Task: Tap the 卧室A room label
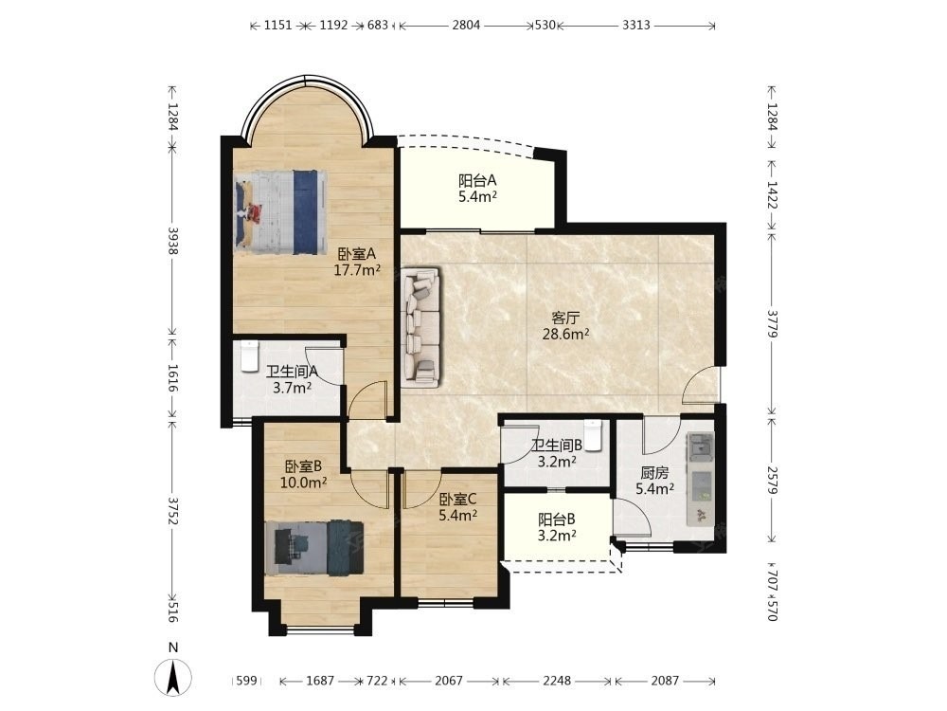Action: (x=357, y=253)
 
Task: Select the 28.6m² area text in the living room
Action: (x=565, y=334)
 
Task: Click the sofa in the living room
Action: (x=422, y=326)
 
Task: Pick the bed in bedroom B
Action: (x=314, y=548)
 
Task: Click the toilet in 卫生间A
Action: (x=249, y=356)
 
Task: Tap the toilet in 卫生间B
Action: (x=594, y=435)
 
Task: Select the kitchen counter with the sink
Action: (x=701, y=480)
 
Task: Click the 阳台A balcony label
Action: (x=477, y=180)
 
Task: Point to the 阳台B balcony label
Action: (x=556, y=520)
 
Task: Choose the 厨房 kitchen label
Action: (x=654, y=472)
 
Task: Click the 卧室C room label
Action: (x=457, y=500)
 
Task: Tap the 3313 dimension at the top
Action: (x=636, y=25)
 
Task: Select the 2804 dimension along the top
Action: (x=466, y=25)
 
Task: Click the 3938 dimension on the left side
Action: (x=173, y=241)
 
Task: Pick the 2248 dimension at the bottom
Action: (x=556, y=681)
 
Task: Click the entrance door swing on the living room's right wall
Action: (x=701, y=385)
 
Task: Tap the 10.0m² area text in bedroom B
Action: (x=303, y=483)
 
